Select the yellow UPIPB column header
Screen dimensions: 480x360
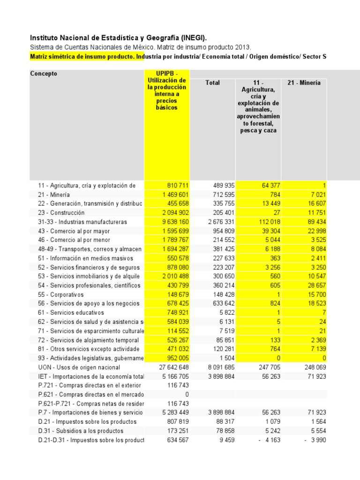click(x=167, y=90)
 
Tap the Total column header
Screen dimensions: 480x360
click(x=212, y=82)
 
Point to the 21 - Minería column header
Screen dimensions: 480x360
click(x=304, y=82)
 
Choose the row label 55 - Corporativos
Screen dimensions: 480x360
click(x=61, y=294)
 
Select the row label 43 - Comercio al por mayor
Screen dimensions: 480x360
click(x=74, y=231)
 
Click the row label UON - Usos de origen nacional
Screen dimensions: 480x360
click(x=79, y=367)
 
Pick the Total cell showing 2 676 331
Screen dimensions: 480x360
click(x=217, y=222)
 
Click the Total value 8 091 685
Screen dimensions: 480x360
click(x=217, y=367)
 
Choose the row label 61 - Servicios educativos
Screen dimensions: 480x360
click(x=71, y=313)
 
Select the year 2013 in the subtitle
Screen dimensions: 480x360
click(x=243, y=47)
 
